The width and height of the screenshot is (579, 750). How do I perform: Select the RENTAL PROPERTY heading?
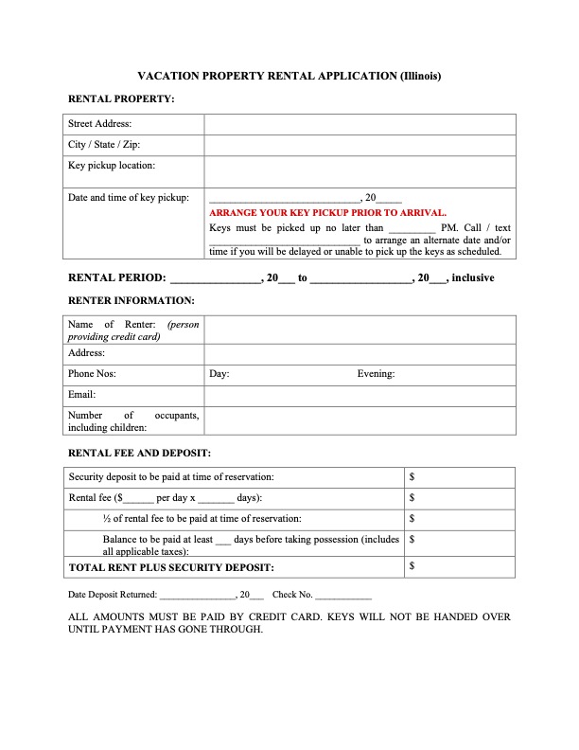point(121,98)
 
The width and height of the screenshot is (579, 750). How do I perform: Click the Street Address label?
point(99,124)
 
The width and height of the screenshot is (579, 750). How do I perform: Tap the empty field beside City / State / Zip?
point(360,145)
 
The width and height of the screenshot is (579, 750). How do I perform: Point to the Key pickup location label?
point(112,166)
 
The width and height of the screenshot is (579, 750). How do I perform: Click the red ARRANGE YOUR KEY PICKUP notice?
point(327,213)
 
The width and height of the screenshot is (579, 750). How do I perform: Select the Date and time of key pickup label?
point(129,198)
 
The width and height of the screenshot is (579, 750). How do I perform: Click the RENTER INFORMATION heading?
point(132,300)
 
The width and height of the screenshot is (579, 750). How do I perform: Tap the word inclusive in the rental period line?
point(472,278)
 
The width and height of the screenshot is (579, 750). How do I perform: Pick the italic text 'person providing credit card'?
point(132,330)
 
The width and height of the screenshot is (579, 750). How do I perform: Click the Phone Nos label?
point(92,374)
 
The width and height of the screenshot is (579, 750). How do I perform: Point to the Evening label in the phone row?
point(376,374)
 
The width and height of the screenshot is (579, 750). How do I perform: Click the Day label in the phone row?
point(219,374)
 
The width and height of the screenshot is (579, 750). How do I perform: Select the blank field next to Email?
point(360,394)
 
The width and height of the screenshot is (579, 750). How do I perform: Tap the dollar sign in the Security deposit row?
point(412,477)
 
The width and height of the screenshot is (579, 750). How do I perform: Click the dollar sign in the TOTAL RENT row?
point(412,566)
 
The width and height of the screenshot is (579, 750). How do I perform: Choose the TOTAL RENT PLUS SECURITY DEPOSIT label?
point(171,567)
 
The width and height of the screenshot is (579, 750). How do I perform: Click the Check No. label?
point(291,595)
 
